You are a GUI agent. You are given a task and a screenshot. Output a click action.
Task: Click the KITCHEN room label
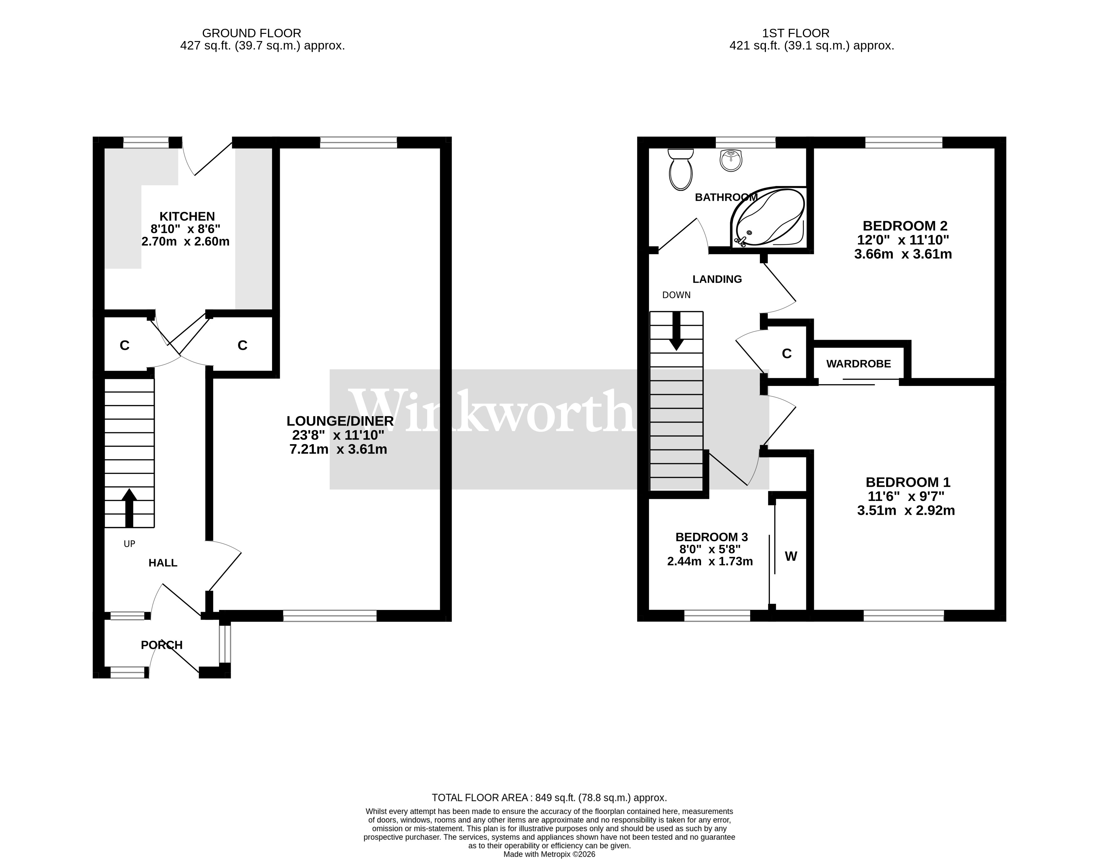click(x=187, y=216)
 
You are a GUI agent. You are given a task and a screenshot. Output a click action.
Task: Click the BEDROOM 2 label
click(x=905, y=226)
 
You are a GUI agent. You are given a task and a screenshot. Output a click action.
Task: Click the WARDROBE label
click(x=858, y=364)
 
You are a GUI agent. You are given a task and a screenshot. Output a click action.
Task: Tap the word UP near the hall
click(x=129, y=544)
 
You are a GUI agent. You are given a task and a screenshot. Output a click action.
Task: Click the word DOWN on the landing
click(x=676, y=295)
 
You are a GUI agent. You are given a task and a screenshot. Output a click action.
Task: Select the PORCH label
click(x=161, y=645)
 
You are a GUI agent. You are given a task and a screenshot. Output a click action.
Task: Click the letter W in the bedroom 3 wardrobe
click(x=791, y=556)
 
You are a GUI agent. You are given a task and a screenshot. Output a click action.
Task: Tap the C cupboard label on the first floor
click(x=787, y=354)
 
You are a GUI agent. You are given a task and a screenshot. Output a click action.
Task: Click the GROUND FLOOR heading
click(x=252, y=33)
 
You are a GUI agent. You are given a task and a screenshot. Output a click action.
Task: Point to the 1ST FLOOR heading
click(x=796, y=33)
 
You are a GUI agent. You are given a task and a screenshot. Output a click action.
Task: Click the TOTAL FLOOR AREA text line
click(x=549, y=798)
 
